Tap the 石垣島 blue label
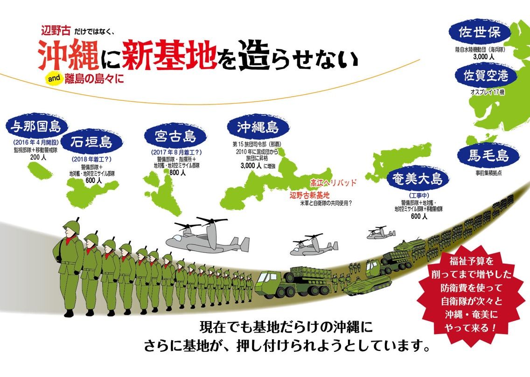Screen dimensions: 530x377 pyautogui.click(x=91, y=143)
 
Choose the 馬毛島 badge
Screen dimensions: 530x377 pyautogui.click(x=488, y=156)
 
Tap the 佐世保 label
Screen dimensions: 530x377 pyautogui.click(x=479, y=34)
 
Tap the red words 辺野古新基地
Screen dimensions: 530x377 pyautogui.click(x=310, y=195)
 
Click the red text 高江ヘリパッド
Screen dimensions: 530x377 pyautogui.click(x=333, y=182)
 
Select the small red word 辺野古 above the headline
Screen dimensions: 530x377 pyautogui.click(x=56, y=31)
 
